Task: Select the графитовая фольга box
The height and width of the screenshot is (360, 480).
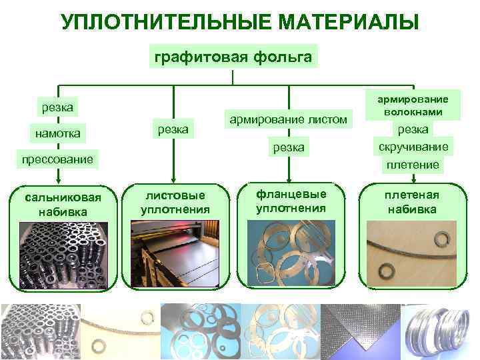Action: click(233, 57)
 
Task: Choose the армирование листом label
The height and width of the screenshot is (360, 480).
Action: click(288, 119)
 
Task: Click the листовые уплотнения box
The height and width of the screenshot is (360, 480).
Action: click(175, 202)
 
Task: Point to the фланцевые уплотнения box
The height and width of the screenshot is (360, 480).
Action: click(291, 201)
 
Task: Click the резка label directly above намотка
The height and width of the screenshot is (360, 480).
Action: click(57, 106)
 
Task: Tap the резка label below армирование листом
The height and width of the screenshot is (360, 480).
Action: click(288, 147)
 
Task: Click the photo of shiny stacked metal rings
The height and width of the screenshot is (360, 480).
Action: click(440, 331)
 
